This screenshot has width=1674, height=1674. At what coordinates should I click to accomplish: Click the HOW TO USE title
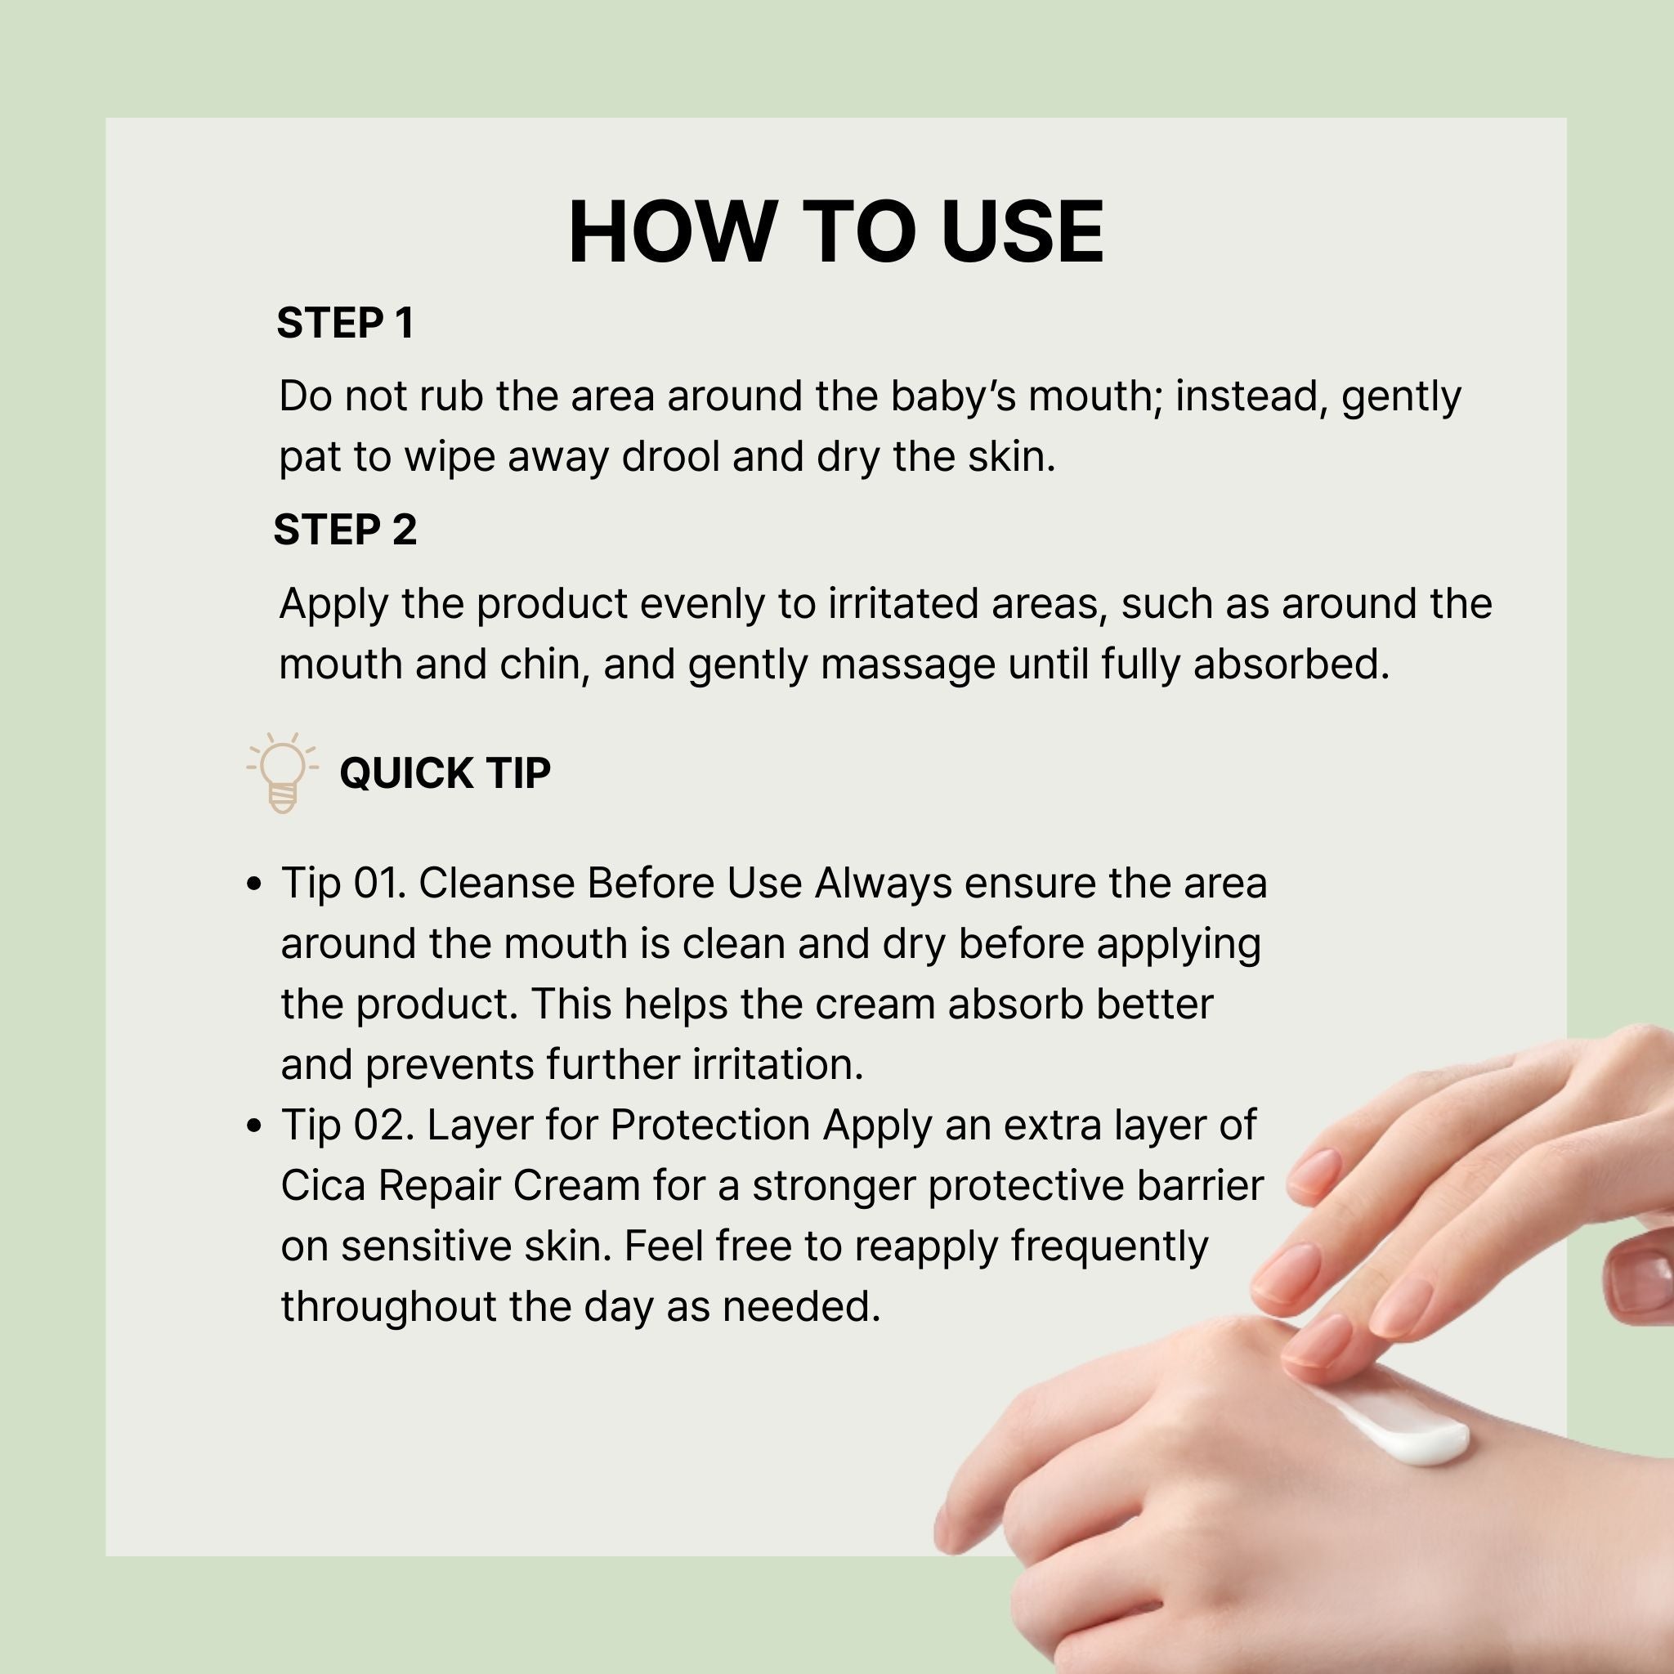pyautogui.click(x=836, y=231)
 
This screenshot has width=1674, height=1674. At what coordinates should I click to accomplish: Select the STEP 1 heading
pyautogui.click(x=345, y=323)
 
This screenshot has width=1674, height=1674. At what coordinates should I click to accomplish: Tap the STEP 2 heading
pyautogui.click(x=345, y=530)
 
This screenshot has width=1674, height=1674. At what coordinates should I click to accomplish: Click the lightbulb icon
pyautogui.click(x=283, y=772)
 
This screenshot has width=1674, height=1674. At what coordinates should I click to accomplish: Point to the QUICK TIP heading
pyautogui.click(x=445, y=773)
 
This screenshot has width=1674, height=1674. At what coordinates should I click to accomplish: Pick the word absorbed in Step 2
pyautogui.click(x=1291, y=665)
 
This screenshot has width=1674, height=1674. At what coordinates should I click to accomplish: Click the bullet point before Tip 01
pyautogui.click(x=254, y=884)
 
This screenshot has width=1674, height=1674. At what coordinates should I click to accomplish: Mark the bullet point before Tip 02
pyautogui.click(x=254, y=1126)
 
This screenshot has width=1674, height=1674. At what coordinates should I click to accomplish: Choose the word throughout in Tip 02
pyautogui.click(x=389, y=1308)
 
